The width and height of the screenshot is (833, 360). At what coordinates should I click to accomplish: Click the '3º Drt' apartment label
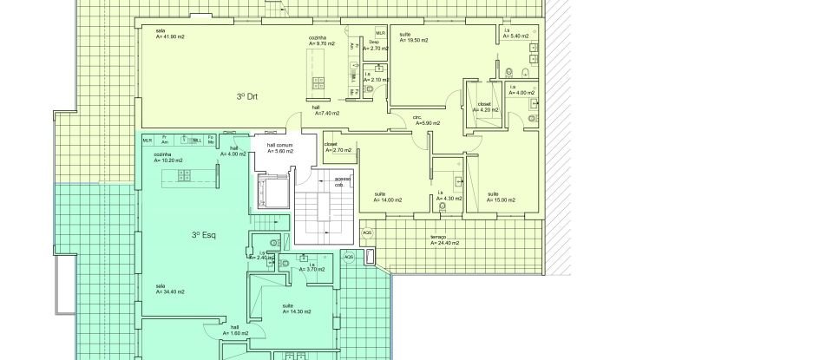tap(247, 96)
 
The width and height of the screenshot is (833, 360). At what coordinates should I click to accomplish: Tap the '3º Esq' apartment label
tap(203, 234)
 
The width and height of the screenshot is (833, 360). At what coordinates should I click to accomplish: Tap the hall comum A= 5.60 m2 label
tap(279, 147)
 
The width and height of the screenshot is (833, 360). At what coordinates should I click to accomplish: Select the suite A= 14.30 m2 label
tap(296, 309)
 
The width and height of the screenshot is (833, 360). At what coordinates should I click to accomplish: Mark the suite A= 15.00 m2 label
tap(500, 197)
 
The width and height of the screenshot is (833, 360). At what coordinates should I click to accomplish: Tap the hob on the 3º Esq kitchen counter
tap(185, 176)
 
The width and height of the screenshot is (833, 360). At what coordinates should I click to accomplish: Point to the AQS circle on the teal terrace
tap(349, 258)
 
